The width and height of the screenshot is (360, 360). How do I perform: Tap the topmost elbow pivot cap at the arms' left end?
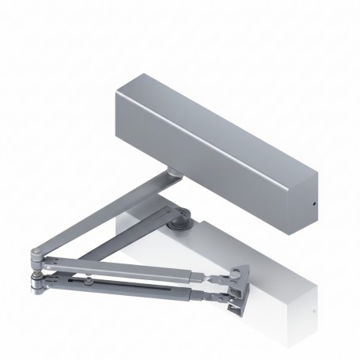tap(36, 254)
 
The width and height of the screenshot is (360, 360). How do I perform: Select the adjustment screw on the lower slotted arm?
tap(92, 281)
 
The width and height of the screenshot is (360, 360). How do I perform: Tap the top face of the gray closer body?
tap(214, 119)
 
